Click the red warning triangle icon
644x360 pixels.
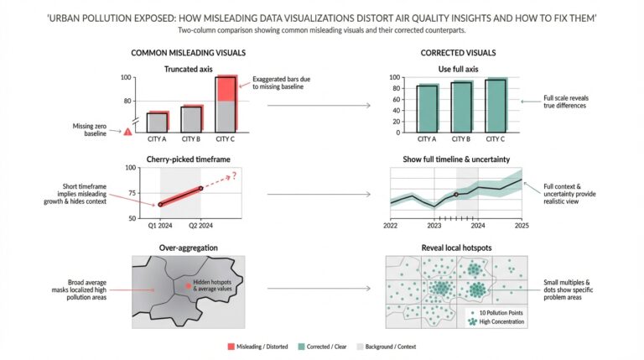pos(127,132)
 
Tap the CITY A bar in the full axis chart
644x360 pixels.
pos(427,108)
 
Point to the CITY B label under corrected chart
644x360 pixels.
pos(462,139)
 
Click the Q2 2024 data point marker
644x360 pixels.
pos(200,188)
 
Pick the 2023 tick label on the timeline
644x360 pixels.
pos(434,225)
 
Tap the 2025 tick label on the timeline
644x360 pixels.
pos(520,225)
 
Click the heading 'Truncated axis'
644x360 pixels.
pos(188,66)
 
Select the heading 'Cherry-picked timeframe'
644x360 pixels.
pos(189,159)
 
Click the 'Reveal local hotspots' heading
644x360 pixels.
pos(456,248)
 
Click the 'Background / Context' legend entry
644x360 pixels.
pos(410,346)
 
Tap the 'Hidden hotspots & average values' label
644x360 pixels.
pos(216,286)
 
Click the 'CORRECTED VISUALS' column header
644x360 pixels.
pos(455,52)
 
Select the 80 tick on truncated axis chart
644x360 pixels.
pos(127,101)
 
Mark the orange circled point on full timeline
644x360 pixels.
pos(456,195)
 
